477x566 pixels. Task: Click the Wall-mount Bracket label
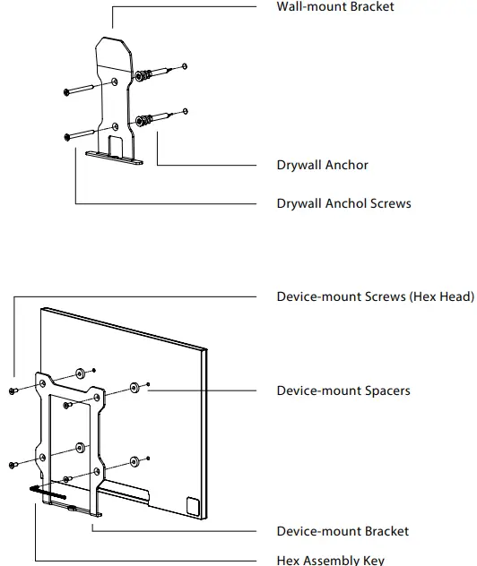click(334, 7)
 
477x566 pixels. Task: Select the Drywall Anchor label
click(322, 165)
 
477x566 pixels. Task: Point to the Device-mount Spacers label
click(343, 390)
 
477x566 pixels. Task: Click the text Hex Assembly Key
click(330, 560)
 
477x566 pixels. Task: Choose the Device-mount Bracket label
click(342, 531)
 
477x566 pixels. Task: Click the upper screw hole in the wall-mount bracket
click(115, 83)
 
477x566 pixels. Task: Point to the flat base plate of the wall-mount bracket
click(115, 157)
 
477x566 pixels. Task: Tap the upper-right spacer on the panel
click(134, 387)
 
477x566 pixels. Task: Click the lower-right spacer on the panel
click(134, 461)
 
